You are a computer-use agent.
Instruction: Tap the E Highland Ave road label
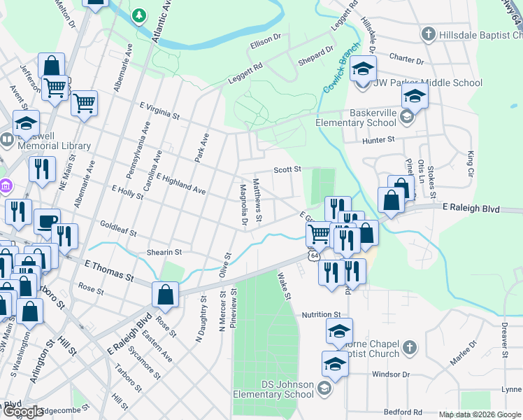(x=181, y=183)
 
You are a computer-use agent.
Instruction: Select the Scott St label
(x=287, y=169)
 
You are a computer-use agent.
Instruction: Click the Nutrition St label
(x=321, y=315)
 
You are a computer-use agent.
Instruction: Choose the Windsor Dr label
(x=389, y=374)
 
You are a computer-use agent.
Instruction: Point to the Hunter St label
(x=378, y=140)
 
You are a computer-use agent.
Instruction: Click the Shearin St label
(x=164, y=252)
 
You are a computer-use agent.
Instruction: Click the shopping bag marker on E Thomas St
(x=166, y=295)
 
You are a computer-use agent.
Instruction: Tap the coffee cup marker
(x=47, y=222)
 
